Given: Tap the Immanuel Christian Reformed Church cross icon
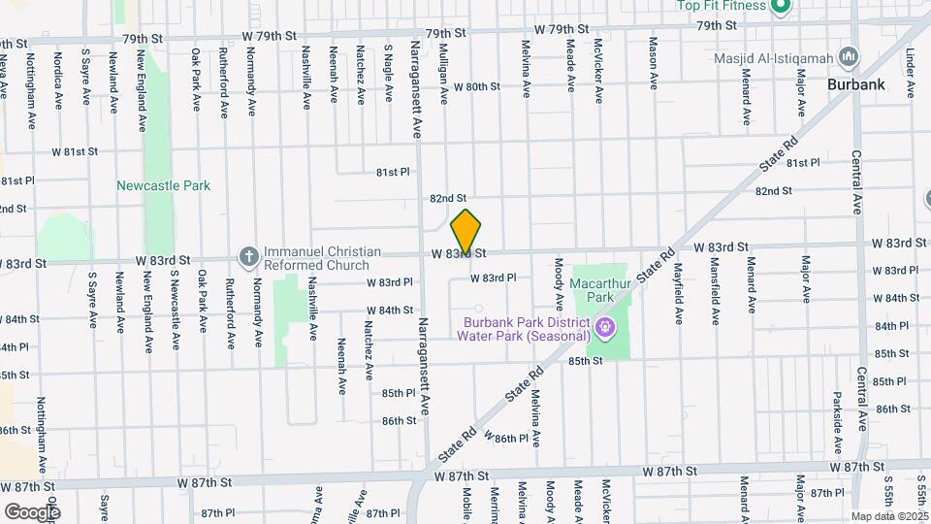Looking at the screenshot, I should (x=248, y=256).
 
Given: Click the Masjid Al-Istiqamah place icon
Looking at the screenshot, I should (x=850, y=57).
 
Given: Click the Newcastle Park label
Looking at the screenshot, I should (x=163, y=185).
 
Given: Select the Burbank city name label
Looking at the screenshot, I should (x=855, y=84).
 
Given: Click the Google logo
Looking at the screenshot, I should (x=31, y=510).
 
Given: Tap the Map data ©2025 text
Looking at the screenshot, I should (x=888, y=516).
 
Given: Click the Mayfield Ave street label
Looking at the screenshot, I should (x=679, y=292).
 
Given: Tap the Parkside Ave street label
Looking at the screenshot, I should (x=836, y=421).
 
